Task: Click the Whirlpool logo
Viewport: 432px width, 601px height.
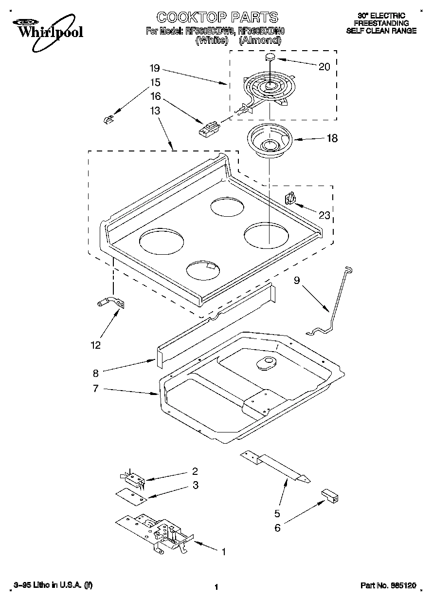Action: point(48,29)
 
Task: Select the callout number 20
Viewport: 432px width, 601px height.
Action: point(324,67)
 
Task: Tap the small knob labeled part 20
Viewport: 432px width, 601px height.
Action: point(270,57)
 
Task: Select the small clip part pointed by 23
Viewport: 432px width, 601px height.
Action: point(289,199)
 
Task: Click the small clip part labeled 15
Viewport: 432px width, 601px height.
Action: point(108,119)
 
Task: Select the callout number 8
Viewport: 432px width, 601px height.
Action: point(95,374)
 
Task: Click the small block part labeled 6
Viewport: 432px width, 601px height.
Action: point(330,495)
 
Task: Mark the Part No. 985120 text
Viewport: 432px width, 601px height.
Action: point(388,587)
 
